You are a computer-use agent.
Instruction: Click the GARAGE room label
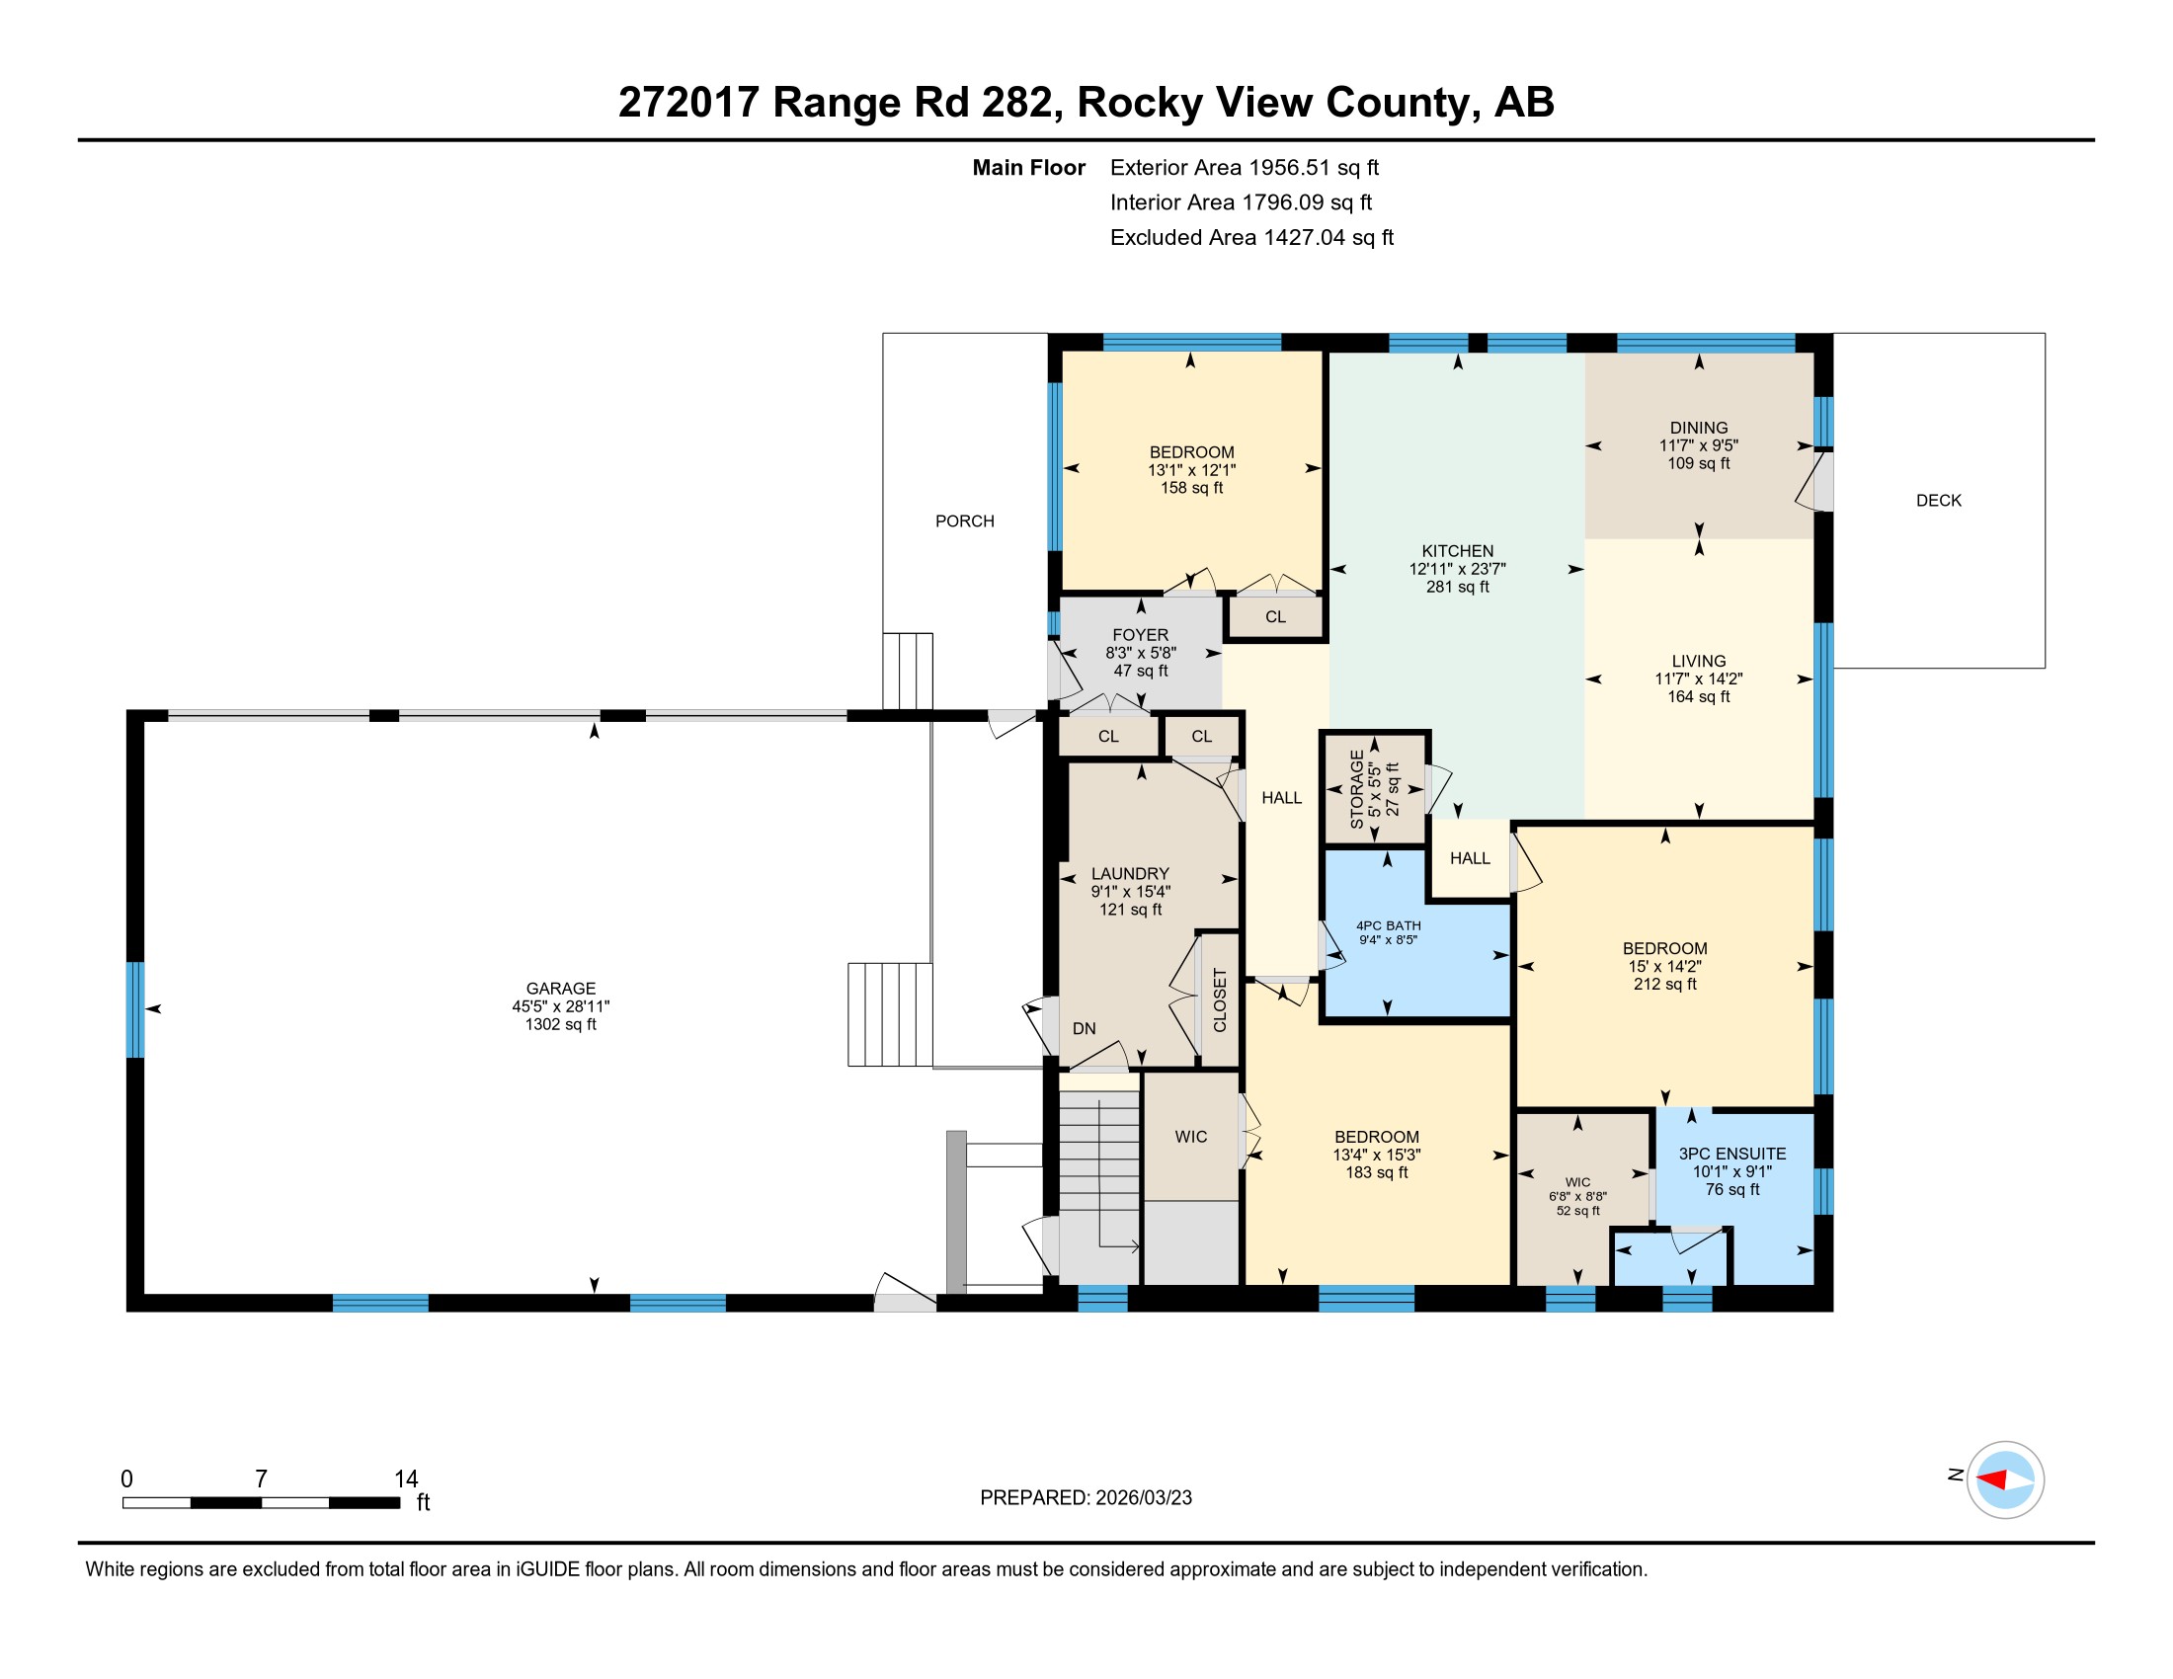[561, 989]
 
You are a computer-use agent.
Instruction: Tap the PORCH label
[964, 521]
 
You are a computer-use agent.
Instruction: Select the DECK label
[1938, 501]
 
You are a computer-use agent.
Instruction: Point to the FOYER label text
[1140, 635]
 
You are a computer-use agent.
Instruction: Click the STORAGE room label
[1356, 790]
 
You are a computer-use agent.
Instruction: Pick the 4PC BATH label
[1388, 925]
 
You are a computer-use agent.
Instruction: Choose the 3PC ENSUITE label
[1732, 1154]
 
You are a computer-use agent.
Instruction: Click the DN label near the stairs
[1084, 1028]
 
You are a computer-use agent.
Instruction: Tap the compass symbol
[2005, 1479]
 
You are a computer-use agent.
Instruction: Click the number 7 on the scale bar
[261, 1479]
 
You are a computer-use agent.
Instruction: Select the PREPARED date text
[1086, 1498]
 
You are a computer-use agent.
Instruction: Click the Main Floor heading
[1029, 168]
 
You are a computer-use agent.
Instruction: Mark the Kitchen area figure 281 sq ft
[1457, 587]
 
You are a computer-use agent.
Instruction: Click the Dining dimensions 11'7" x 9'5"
[1699, 445]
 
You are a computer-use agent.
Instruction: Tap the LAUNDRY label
[1129, 873]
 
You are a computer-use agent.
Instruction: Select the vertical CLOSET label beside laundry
[1221, 1000]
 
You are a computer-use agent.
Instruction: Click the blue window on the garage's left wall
[134, 1009]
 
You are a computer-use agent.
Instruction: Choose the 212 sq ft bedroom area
[1664, 984]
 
